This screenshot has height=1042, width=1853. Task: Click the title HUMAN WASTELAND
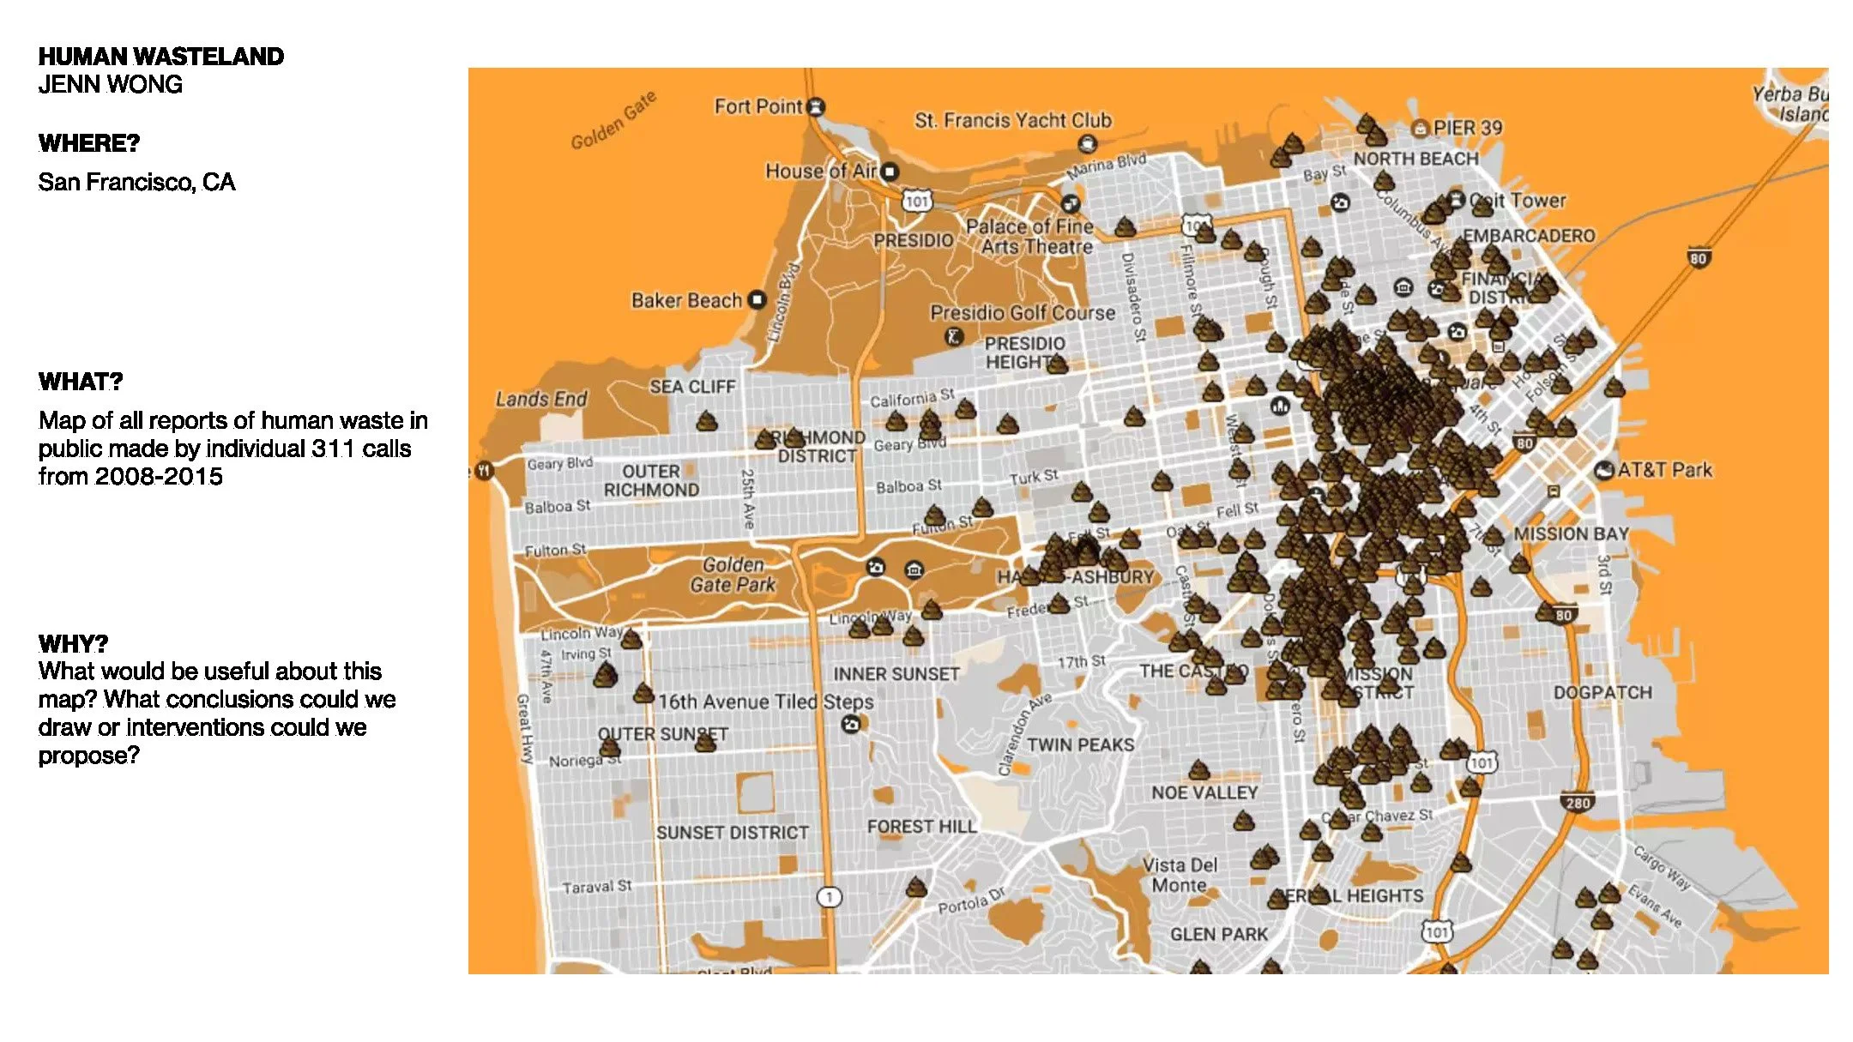point(160,57)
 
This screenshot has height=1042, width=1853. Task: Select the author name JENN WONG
point(110,85)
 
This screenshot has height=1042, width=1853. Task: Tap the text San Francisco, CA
point(136,182)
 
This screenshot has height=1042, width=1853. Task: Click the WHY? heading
point(73,643)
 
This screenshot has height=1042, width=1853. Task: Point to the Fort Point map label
point(758,106)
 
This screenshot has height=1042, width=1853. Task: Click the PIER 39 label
point(1467,128)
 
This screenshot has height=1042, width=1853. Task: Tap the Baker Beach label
point(686,300)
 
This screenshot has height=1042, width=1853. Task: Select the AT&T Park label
point(1664,470)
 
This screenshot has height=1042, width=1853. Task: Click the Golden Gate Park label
point(733,575)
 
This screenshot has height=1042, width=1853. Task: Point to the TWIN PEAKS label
point(1080,744)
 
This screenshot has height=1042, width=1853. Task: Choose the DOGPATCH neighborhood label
point(1602,693)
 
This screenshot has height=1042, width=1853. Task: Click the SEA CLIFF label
point(692,387)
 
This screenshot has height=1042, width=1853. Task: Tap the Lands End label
point(541,399)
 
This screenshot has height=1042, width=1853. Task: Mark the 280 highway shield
point(1578,803)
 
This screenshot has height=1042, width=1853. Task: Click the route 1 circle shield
point(829,897)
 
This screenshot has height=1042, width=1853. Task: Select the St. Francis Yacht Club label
point(1012,120)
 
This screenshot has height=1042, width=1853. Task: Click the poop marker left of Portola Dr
point(916,886)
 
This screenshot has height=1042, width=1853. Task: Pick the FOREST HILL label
point(921,827)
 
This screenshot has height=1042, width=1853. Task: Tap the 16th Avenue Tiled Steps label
point(766,702)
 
